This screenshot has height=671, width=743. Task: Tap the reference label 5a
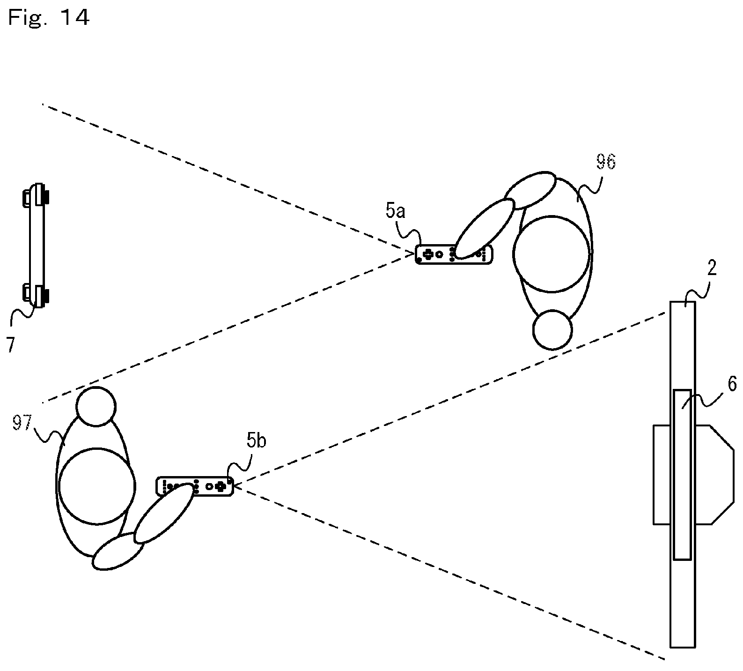(x=396, y=212)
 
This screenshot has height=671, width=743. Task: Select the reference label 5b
(x=257, y=441)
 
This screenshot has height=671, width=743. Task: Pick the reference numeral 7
(x=10, y=344)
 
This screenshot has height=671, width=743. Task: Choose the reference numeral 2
(x=713, y=268)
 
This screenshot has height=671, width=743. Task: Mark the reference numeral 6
(x=731, y=385)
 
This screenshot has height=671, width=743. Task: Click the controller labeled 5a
(x=454, y=254)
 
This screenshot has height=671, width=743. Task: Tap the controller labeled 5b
(x=194, y=486)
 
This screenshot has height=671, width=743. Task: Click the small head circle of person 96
(x=552, y=330)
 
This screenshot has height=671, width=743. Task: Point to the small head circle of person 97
(x=96, y=406)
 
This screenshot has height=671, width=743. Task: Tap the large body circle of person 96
(x=551, y=253)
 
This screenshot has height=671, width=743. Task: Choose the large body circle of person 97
(x=96, y=485)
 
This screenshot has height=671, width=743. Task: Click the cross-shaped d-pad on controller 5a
(x=428, y=254)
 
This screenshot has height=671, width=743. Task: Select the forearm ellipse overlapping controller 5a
(x=484, y=229)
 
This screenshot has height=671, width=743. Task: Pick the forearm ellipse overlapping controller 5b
(x=163, y=514)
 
